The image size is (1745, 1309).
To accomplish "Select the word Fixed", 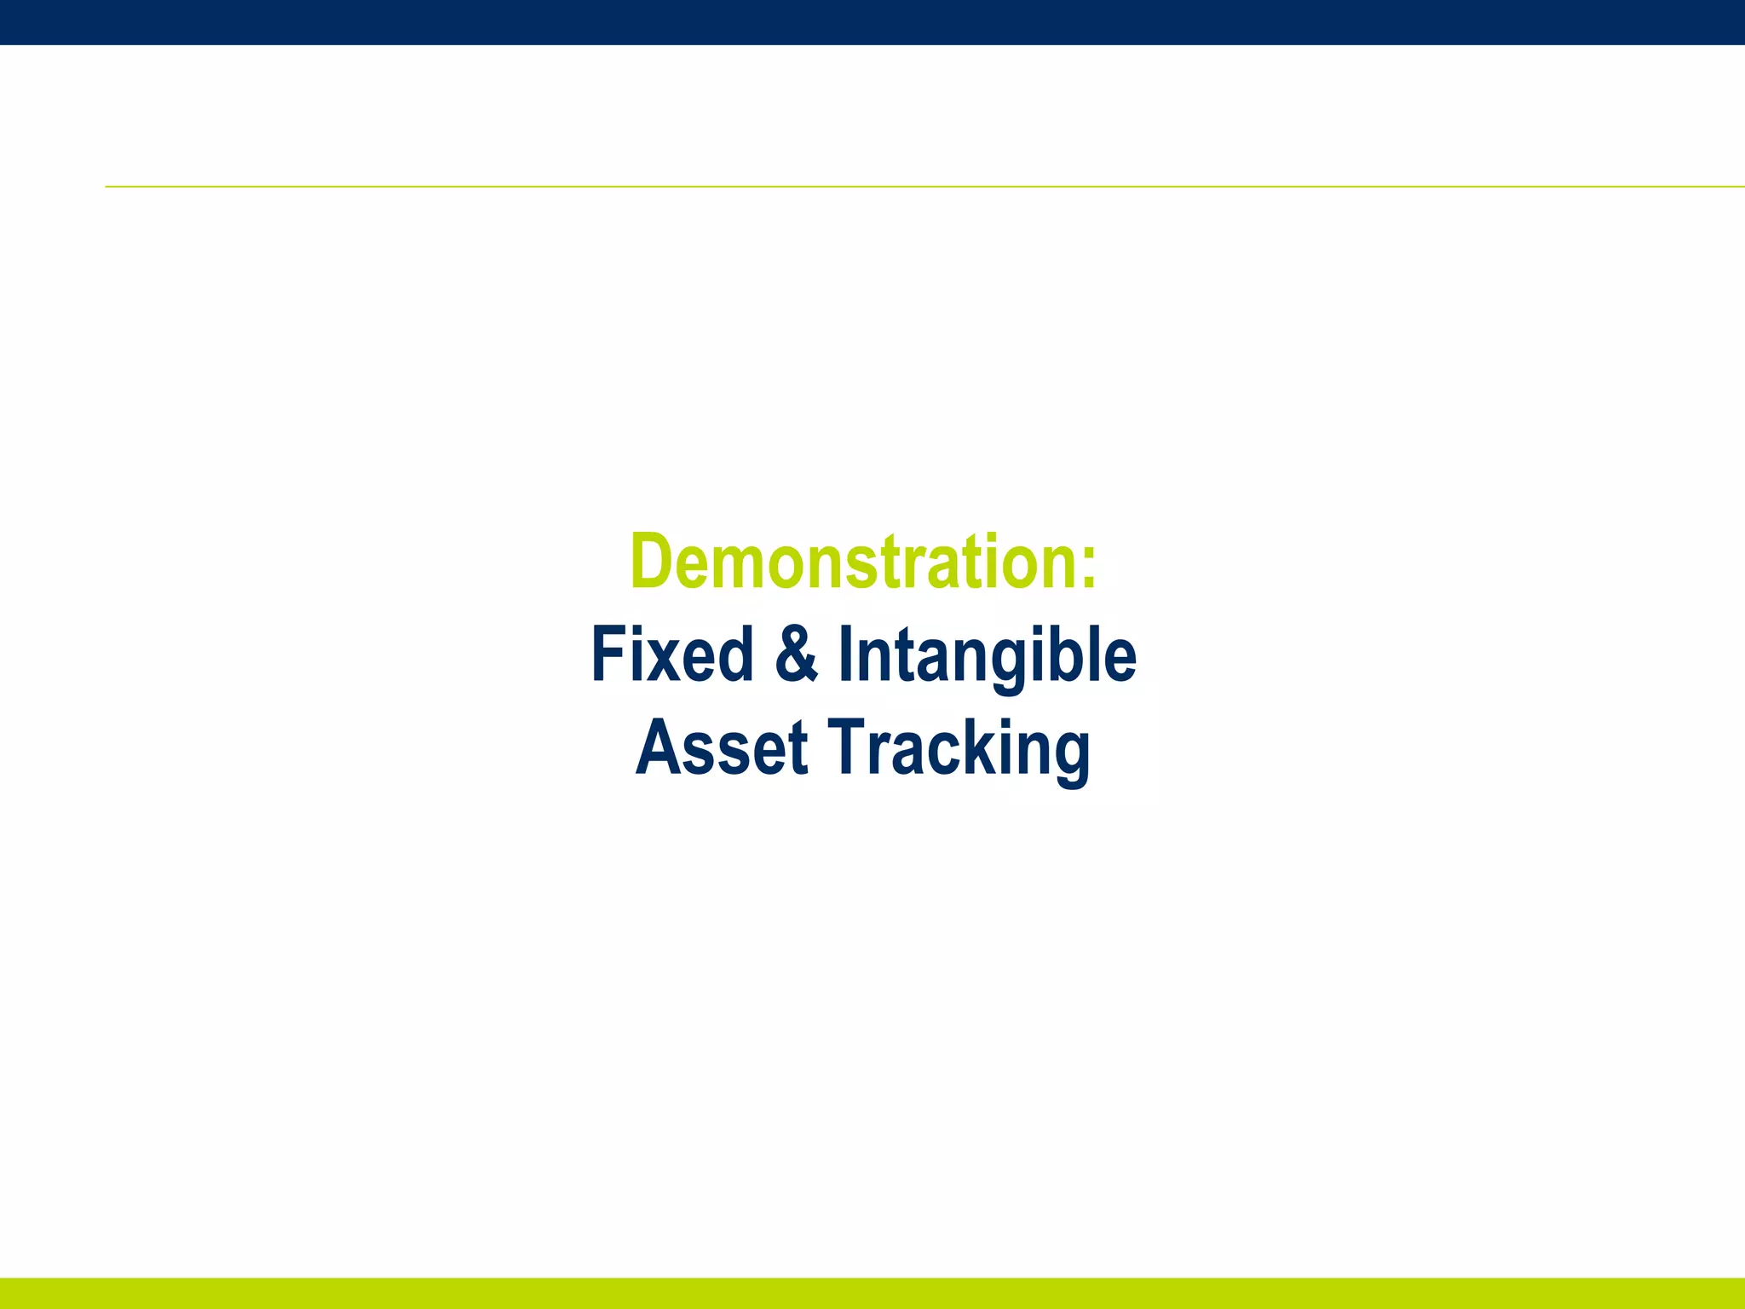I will pyautogui.click(x=671, y=654).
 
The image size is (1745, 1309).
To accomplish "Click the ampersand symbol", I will pyautogui.click(x=797, y=654).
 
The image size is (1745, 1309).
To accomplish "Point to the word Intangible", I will pyautogui.click(x=987, y=654).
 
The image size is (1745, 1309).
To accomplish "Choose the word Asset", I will pyautogui.click(x=721, y=748).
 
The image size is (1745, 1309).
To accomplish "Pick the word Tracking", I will pyautogui.click(x=959, y=748).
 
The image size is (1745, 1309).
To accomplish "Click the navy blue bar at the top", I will pyautogui.click(x=872, y=22).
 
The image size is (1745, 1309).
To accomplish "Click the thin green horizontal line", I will pyautogui.click(x=924, y=186).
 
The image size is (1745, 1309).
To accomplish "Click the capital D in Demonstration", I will pyautogui.click(x=651, y=562).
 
